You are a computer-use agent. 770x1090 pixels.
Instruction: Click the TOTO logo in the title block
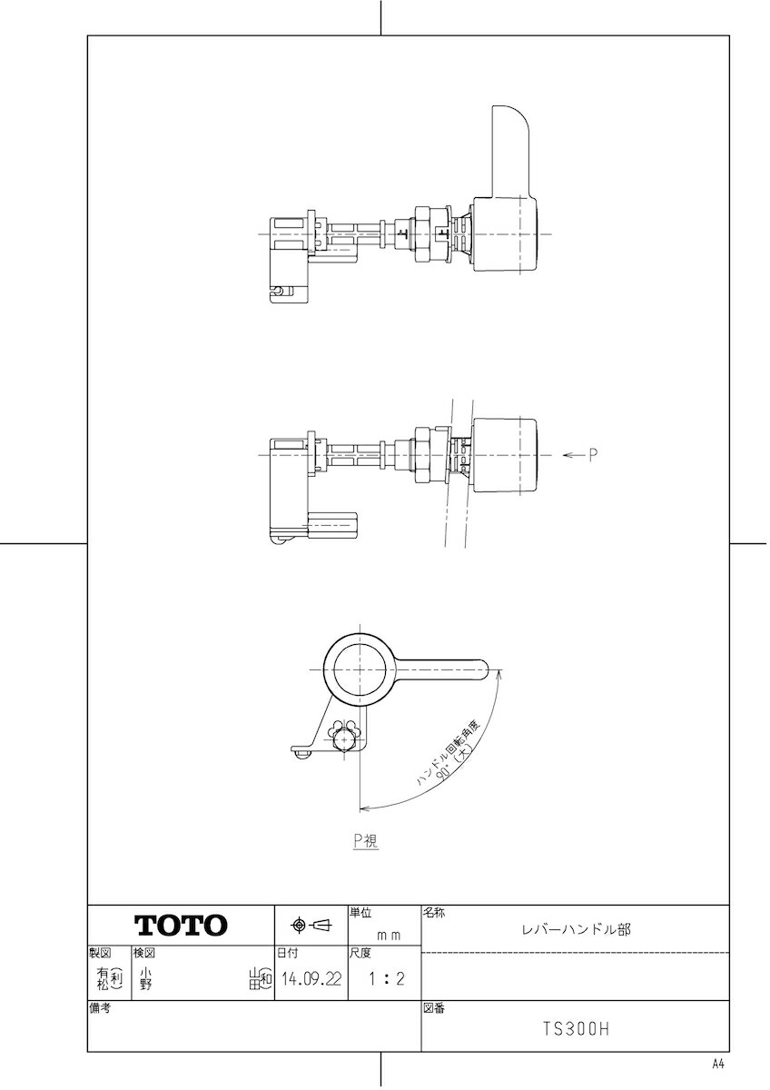pyautogui.click(x=181, y=925)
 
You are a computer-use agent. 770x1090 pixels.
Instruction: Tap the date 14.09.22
pyautogui.click(x=311, y=978)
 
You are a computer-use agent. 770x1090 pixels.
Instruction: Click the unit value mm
pyautogui.click(x=390, y=936)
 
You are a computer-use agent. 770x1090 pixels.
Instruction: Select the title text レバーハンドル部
pyautogui.click(x=576, y=929)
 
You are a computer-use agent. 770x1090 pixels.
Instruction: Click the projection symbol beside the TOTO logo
pyautogui.click(x=311, y=925)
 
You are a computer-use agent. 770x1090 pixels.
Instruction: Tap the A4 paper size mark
pyautogui.click(x=718, y=1065)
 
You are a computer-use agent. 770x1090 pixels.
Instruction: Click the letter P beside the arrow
pyautogui.click(x=592, y=455)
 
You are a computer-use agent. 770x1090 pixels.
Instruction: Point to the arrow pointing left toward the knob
pyautogui.click(x=573, y=455)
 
